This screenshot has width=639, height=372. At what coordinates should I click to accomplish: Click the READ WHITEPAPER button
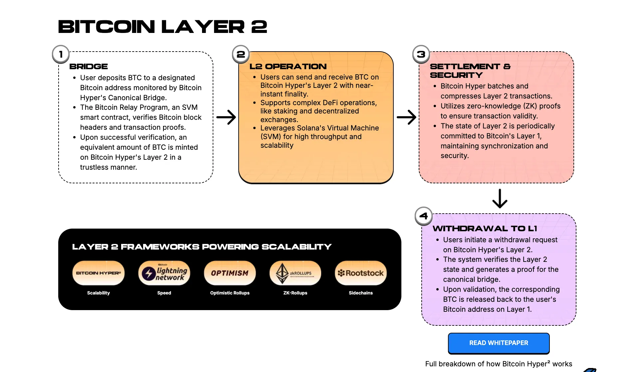(499, 343)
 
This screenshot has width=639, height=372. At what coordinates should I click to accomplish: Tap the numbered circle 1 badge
(61, 54)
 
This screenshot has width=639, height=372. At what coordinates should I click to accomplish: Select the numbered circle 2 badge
(241, 54)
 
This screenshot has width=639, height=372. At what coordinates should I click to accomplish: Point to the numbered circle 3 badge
(421, 54)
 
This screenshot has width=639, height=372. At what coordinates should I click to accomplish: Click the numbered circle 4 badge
(423, 216)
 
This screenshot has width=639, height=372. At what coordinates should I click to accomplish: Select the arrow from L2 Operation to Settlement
(406, 117)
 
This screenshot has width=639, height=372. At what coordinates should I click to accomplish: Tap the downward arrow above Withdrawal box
(500, 199)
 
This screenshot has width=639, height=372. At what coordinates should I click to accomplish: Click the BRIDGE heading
(89, 67)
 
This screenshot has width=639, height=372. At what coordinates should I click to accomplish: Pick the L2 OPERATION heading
(288, 67)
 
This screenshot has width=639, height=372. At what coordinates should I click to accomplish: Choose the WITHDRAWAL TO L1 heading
(485, 229)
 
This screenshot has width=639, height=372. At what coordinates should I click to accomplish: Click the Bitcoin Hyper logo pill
(99, 273)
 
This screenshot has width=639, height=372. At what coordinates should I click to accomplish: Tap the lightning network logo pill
(164, 273)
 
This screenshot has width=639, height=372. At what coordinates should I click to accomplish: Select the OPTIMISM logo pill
(230, 273)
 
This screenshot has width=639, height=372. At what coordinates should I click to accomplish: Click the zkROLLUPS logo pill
(295, 273)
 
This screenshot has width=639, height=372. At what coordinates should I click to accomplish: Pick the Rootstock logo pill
(361, 273)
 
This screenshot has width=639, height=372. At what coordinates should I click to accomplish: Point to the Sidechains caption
(361, 293)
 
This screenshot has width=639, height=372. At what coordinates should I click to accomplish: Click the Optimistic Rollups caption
(230, 293)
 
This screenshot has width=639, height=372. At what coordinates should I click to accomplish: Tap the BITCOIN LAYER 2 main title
(162, 27)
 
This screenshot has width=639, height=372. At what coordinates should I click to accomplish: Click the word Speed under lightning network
(164, 293)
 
